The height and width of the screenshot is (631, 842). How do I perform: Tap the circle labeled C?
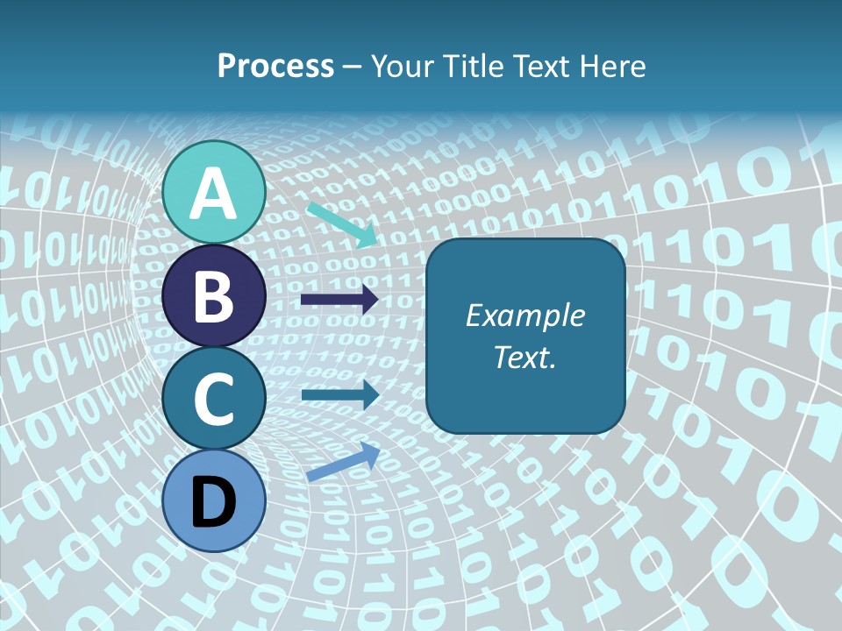click(214, 398)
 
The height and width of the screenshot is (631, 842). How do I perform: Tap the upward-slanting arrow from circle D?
click(343, 463)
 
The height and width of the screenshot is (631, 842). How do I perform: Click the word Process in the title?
click(275, 66)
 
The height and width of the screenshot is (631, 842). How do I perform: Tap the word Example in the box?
click(525, 315)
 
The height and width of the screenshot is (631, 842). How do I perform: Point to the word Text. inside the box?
click(525, 358)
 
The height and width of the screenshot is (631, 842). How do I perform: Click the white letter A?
click(214, 193)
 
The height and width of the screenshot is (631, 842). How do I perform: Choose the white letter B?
click(214, 296)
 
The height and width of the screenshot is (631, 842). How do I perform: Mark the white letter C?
click(214, 399)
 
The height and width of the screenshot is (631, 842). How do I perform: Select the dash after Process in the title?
click(353, 67)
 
